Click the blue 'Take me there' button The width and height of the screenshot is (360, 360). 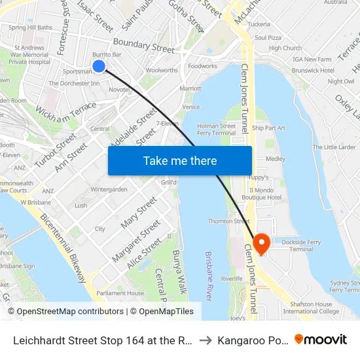pyautogui.click(x=180, y=160)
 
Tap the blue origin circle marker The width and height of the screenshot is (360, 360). pyautogui.click(x=99, y=66)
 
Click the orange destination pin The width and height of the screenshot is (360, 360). pyautogui.click(x=261, y=243)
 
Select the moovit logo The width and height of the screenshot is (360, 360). pyautogui.click(x=321, y=339)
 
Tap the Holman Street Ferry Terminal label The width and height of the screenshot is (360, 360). pyautogui.click(x=217, y=129)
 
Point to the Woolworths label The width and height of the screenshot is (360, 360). pyautogui.click(x=162, y=70)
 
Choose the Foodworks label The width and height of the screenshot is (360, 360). pyautogui.click(x=202, y=66)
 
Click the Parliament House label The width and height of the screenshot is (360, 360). pyautogui.click(x=120, y=293)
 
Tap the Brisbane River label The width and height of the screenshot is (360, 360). pyautogui.click(x=209, y=276)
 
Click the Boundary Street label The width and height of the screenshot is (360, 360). pyautogui.click(x=143, y=45)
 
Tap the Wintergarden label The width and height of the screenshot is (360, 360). pyautogui.click(x=109, y=189)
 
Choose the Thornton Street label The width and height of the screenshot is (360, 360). pyautogui.click(x=228, y=221)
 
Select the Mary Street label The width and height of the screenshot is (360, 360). pyautogui.click(x=139, y=211)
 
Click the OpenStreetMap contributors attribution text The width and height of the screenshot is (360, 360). pyautogui.click(x=70, y=312)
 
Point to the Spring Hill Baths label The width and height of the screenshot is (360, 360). pyautogui.click(x=31, y=27)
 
